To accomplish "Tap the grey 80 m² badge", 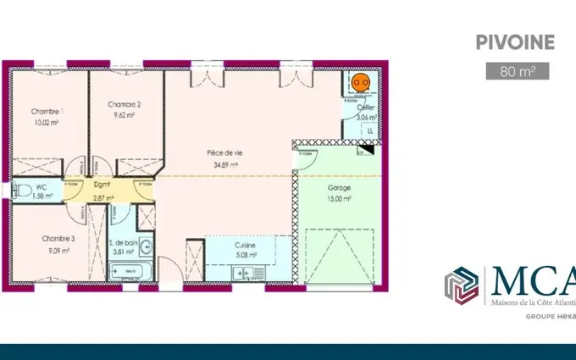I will point(518,71).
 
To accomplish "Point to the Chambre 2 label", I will point(125,104).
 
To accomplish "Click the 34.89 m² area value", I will point(224,164).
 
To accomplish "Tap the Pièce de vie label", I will point(224,153).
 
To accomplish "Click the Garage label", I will point(339,187).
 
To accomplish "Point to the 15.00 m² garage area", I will point(339,198).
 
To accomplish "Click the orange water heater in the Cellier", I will point(360,82).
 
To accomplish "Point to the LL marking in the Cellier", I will point(369,131).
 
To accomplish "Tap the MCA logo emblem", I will point(463,286).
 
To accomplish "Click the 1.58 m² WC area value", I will point(42,196).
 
